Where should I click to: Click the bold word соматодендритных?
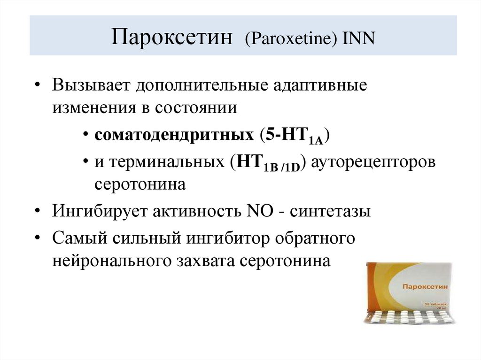tap(174, 135)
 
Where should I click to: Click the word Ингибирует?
tap(100, 212)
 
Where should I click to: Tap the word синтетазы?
tap(330, 212)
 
